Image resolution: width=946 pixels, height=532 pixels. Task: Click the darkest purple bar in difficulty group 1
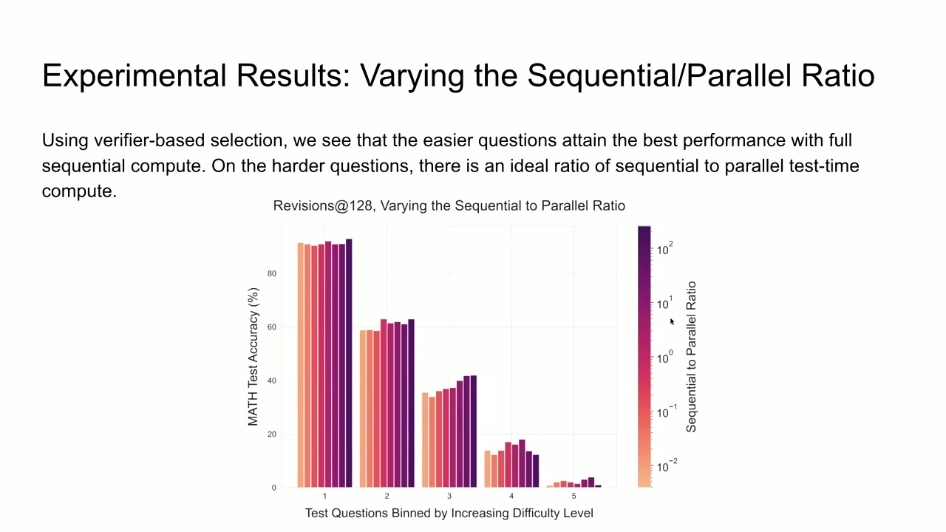coord(349,363)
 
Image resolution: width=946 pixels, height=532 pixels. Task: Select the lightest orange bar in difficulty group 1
coord(300,365)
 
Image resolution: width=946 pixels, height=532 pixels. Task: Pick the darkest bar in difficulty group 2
coord(412,403)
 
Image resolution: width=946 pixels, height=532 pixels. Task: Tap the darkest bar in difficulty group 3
coord(474,431)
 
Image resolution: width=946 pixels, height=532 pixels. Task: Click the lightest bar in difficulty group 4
coord(487,469)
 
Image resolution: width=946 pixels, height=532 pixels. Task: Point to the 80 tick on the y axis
coord(271,273)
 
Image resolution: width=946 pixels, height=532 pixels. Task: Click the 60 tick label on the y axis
coord(271,327)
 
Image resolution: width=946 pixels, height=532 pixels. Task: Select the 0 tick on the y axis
coord(274,488)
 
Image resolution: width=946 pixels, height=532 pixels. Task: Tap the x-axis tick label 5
coord(574,496)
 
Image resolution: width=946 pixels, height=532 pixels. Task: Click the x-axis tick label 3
coord(449,496)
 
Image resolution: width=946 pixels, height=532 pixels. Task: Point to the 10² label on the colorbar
coord(664,249)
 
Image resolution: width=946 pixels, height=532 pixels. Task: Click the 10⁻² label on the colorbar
coord(667,465)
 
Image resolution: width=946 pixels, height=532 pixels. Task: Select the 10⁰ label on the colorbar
coord(664,357)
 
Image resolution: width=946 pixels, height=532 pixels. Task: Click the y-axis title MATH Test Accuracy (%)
coord(253,357)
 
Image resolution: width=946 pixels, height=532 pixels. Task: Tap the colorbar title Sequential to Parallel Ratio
coord(691,357)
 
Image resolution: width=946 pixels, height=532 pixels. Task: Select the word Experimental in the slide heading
coord(135,76)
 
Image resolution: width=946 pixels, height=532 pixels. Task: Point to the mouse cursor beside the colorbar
coord(672,322)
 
